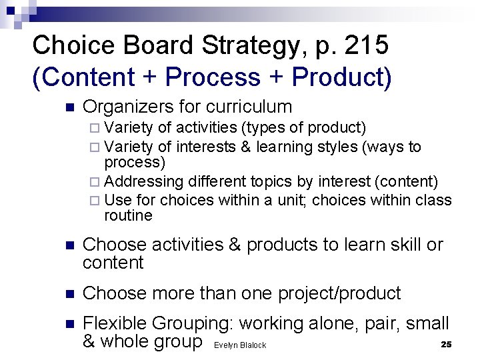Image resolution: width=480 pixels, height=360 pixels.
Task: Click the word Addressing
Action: coord(144,182)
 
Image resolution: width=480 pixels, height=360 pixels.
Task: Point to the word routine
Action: coord(128,215)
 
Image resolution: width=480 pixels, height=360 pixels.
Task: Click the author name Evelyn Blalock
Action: coord(240,345)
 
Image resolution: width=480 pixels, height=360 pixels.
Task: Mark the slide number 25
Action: coord(447,344)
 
